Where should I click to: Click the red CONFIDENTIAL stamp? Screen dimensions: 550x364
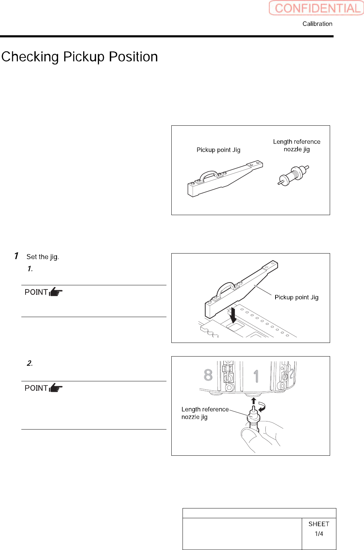pyautogui.click(x=316, y=8)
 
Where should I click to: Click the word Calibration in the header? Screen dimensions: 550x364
pyautogui.click(x=317, y=24)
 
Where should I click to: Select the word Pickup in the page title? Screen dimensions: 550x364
pyautogui.click(x=84, y=57)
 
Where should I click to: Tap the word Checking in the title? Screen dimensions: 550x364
pyautogui.click(x=30, y=57)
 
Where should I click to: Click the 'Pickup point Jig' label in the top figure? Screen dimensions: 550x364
pyautogui.click(x=218, y=150)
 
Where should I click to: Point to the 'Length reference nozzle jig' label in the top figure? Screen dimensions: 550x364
pyautogui.click(x=297, y=145)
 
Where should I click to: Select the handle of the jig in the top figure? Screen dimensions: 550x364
pyautogui.click(x=209, y=174)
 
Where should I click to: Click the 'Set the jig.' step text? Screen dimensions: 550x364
pyautogui.click(x=43, y=257)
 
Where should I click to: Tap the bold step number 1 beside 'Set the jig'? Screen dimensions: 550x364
pyautogui.click(x=16, y=256)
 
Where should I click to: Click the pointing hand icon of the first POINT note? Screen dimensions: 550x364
pyautogui.click(x=56, y=292)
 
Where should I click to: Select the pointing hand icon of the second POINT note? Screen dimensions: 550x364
pyautogui.click(x=56, y=388)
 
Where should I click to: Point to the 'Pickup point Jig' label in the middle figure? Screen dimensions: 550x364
pyautogui.click(x=296, y=297)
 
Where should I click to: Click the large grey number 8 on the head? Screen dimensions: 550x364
pyautogui.click(x=208, y=375)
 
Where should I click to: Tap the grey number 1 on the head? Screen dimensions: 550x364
pyautogui.click(x=256, y=376)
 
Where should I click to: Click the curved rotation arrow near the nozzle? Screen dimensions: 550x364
pyautogui.click(x=262, y=406)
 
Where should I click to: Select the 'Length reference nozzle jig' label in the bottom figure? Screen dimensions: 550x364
pyautogui.click(x=205, y=413)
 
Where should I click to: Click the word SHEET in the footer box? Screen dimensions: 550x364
pyautogui.click(x=319, y=524)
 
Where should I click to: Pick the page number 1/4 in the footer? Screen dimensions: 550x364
pyautogui.click(x=319, y=534)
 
